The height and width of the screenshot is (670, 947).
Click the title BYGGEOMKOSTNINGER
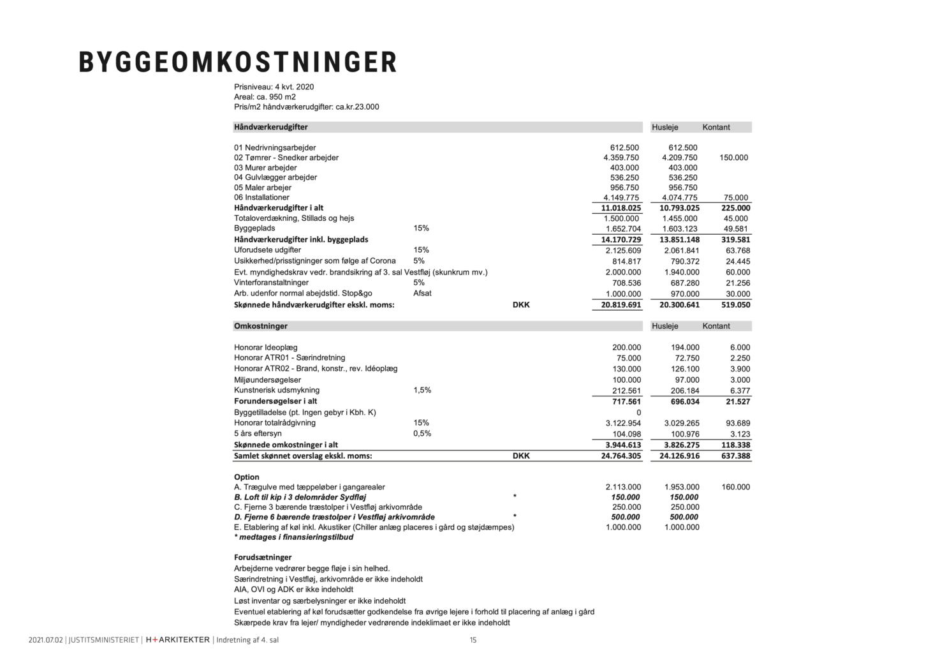pyautogui.click(x=237, y=62)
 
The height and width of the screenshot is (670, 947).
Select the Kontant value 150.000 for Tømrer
pyautogui.click(x=733, y=158)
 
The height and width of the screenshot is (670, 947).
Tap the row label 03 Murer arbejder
pyautogui.click(x=265, y=168)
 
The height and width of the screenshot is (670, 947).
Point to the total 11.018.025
pyautogui.click(x=620, y=208)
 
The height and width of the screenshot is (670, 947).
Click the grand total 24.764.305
pyautogui.click(x=620, y=456)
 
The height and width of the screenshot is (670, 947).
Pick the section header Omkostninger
pyautogui.click(x=261, y=326)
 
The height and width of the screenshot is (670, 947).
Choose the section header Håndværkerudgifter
pyautogui.click(x=270, y=127)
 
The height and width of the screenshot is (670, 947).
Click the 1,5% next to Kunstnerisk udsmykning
pyautogui.click(x=422, y=390)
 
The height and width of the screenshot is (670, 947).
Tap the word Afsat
pyautogui.click(x=422, y=294)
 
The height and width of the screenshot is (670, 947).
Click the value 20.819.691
pyautogui.click(x=620, y=305)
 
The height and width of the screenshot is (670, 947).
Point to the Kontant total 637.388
pyautogui.click(x=735, y=456)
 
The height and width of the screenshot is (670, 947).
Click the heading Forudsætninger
pyautogui.click(x=263, y=557)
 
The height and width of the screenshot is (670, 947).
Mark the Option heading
pyautogui.click(x=247, y=477)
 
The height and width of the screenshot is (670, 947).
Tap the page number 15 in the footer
pyautogui.click(x=473, y=640)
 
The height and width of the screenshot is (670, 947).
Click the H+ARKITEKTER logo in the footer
pyautogui.click(x=178, y=640)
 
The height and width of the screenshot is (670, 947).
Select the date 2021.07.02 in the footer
pyautogui.click(x=46, y=640)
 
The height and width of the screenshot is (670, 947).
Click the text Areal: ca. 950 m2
pyautogui.click(x=265, y=97)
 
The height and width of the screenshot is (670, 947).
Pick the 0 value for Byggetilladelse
pyautogui.click(x=638, y=413)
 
